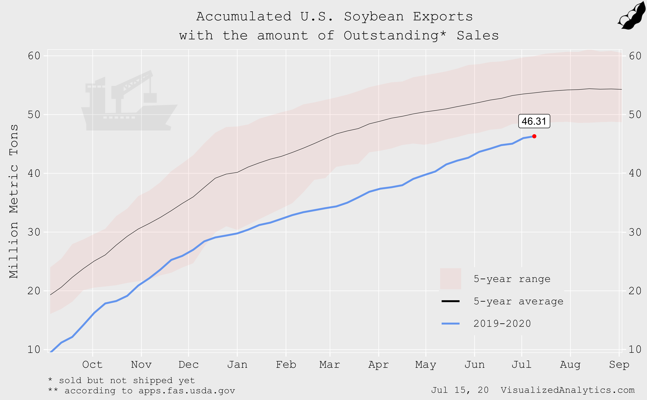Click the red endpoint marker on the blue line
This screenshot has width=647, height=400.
coord(534,136)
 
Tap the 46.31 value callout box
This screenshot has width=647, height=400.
coord(534,121)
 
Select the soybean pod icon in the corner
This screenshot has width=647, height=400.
coord(632,16)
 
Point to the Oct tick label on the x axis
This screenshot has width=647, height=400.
coord(92,365)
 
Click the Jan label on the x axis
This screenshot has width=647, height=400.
coord(237,365)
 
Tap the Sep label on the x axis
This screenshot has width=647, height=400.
coord(619,365)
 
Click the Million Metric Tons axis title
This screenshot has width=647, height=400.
coord(14,201)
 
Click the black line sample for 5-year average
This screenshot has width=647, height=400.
coord(450,301)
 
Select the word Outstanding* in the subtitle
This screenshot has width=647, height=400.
coord(395,35)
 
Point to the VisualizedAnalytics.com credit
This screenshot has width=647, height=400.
coord(567,390)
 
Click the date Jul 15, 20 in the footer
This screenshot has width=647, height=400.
coord(460,390)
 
